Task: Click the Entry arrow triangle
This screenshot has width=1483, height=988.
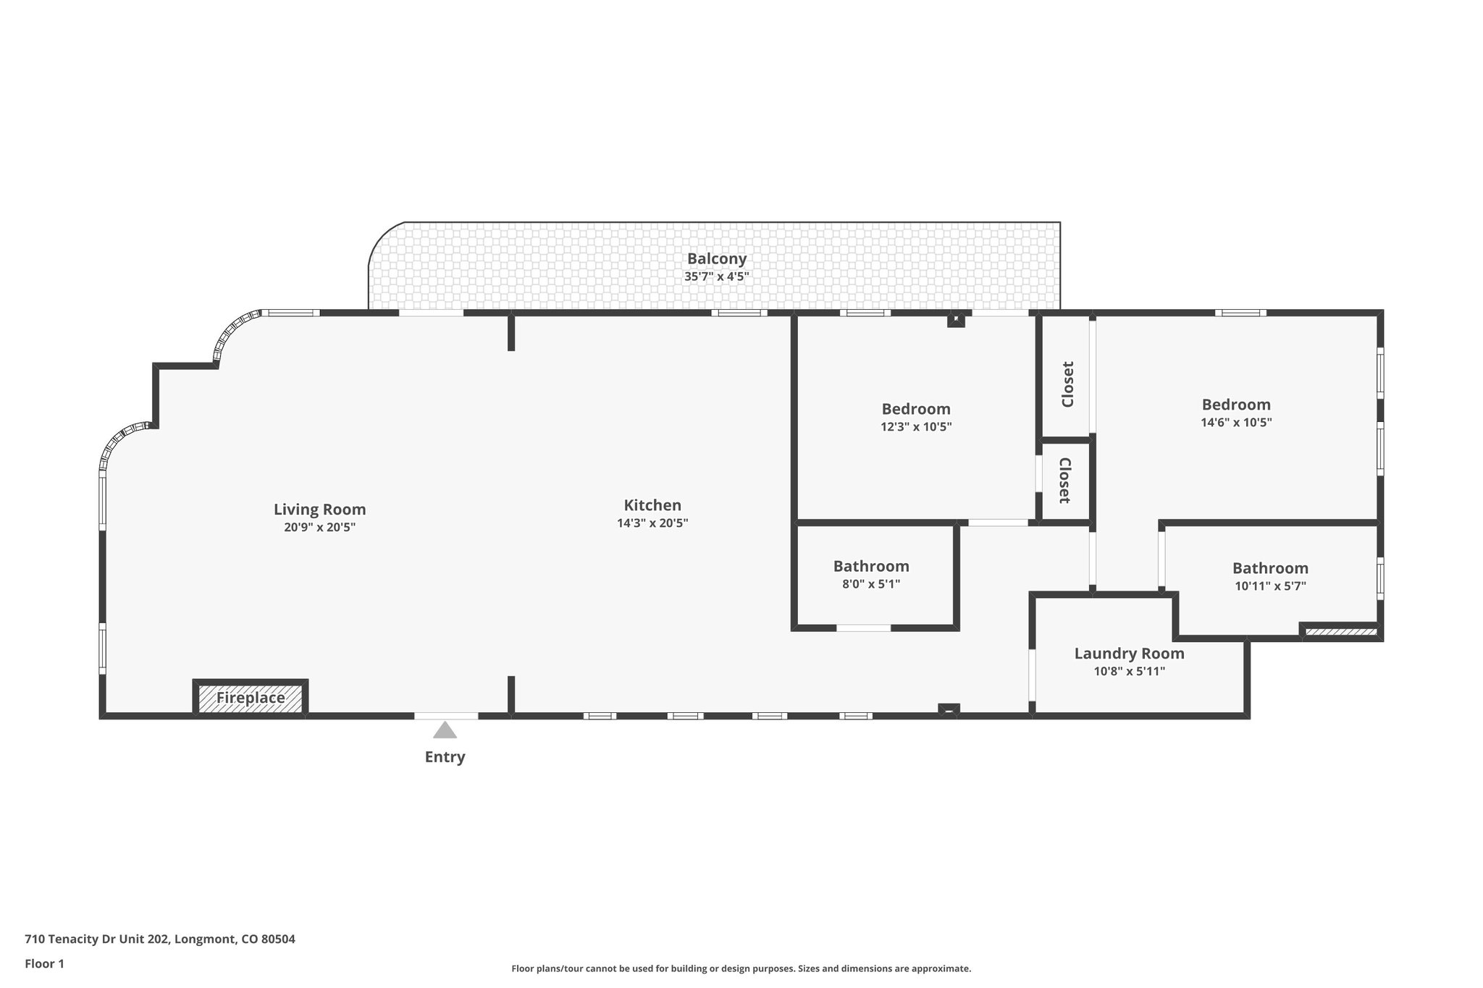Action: (445, 730)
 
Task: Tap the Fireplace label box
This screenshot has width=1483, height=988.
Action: (251, 698)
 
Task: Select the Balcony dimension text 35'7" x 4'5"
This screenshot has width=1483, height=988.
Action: (716, 276)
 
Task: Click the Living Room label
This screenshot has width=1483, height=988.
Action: (319, 509)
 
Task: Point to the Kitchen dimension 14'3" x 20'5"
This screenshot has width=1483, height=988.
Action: (652, 523)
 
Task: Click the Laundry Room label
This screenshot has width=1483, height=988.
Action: (1129, 654)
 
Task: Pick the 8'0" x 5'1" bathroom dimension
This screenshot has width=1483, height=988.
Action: (870, 584)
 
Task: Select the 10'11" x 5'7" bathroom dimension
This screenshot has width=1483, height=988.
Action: (1270, 586)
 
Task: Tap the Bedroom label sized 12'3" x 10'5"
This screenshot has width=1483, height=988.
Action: (915, 408)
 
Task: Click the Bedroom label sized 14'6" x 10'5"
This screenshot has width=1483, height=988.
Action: (1236, 405)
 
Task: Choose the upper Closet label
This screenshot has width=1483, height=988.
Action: (1067, 384)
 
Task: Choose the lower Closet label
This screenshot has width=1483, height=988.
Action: (1064, 481)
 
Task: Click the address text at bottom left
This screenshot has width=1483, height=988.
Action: (160, 940)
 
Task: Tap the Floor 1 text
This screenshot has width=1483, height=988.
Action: (45, 963)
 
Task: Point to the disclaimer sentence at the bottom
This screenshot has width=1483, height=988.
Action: (741, 968)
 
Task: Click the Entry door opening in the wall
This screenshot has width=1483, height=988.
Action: (446, 716)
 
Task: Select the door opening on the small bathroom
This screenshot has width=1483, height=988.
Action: (864, 628)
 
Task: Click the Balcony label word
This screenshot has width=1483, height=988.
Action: (716, 258)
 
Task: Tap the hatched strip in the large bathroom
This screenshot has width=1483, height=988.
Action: (1340, 632)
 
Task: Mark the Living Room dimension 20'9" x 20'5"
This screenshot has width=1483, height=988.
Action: (319, 527)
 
